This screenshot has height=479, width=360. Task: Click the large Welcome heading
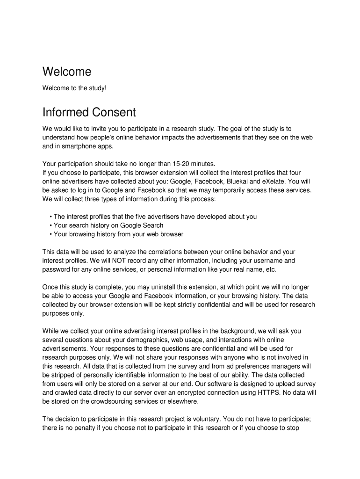point(66,72)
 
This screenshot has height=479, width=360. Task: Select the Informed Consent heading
point(89,112)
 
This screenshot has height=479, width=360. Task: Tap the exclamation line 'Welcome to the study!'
point(74,88)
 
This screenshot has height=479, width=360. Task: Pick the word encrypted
point(179,392)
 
